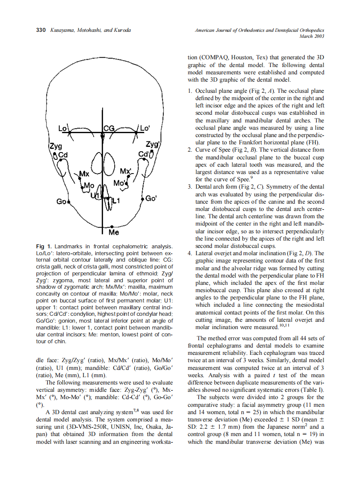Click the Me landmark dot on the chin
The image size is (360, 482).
point(112,226)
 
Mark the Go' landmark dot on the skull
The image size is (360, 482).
point(142,199)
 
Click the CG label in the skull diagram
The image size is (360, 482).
point(109,128)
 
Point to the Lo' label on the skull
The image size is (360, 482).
point(145,128)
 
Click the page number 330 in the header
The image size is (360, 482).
point(40,30)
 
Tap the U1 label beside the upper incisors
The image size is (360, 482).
point(95,195)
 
